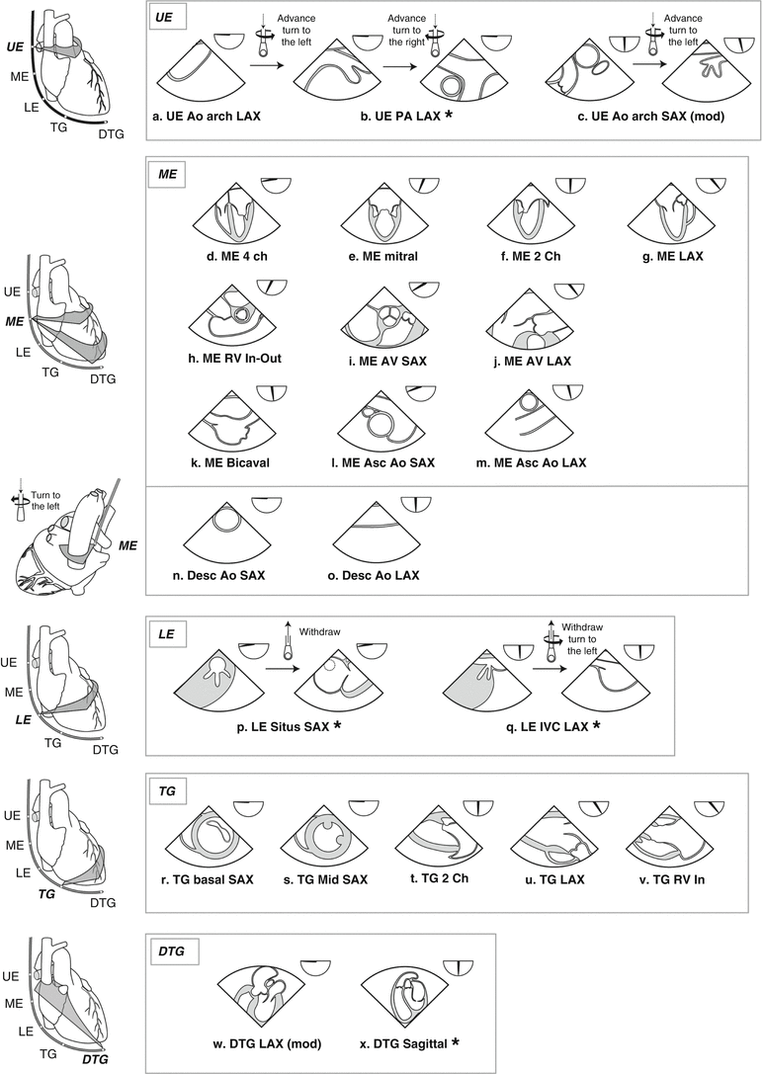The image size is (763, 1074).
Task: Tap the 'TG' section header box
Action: pyautogui.click(x=168, y=790)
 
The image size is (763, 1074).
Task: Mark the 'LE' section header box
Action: pyautogui.click(x=166, y=633)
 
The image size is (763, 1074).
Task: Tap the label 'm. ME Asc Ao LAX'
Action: pyautogui.click(x=532, y=463)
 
